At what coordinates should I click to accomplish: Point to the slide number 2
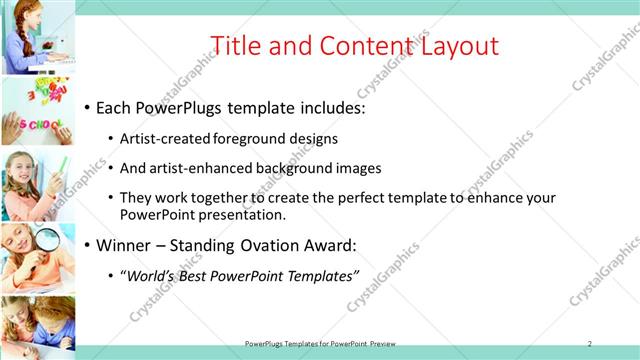click(590, 343)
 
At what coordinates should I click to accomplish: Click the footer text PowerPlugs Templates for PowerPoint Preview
click(327, 343)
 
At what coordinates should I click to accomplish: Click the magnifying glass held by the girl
click(47, 241)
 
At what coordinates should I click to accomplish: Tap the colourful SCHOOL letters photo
click(37, 112)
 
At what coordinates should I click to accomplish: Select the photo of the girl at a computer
click(37, 38)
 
